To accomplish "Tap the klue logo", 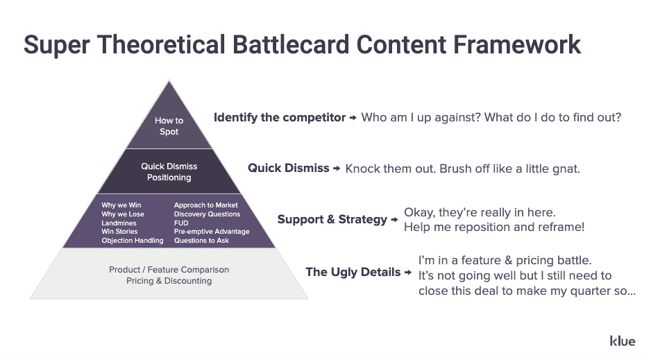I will click(622, 341).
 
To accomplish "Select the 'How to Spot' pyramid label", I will click(169, 126).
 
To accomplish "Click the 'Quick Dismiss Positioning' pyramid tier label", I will click(169, 172).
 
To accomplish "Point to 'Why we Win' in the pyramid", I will click(121, 205).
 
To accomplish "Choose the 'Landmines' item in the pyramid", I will click(119, 223).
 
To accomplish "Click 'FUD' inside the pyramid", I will click(181, 223).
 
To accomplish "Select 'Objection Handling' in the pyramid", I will click(133, 241).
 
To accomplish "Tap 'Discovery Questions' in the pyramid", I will click(207, 214).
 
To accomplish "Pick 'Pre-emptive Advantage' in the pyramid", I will click(212, 232).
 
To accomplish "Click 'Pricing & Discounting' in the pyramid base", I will click(169, 281).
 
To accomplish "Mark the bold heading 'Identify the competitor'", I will click(279, 117).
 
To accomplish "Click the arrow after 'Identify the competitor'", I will click(353, 118).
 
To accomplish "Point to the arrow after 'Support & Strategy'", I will click(394, 220).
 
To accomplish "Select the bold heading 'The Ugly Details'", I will click(353, 272).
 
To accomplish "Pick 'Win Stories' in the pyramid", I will click(119, 232).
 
